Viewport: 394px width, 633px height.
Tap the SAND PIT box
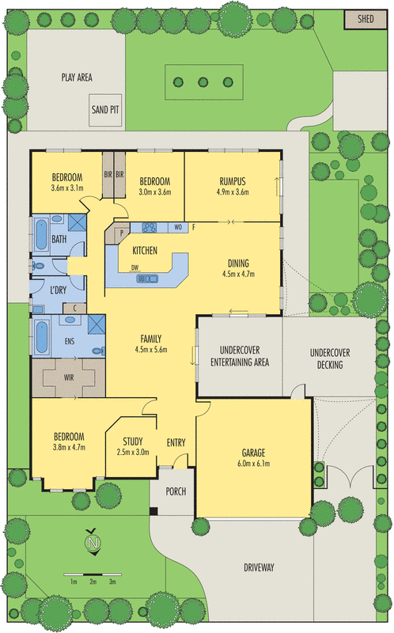pos(105,110)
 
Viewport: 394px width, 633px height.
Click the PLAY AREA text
pos(78,78)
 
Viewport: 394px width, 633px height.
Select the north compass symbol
pos(93,544)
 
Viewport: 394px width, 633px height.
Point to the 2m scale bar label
pos(93,582)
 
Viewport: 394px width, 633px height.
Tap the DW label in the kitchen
pos(135,267)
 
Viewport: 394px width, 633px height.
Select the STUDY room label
pos(133,442)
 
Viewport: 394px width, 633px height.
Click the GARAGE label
pos(253,454)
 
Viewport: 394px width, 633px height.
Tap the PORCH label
pos(176,491)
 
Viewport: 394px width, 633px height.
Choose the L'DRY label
pos(58,290)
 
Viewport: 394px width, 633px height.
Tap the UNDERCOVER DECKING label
pos(330,358)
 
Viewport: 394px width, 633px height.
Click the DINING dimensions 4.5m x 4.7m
pos(240,275)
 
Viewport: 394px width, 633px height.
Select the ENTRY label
pos(176,443)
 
